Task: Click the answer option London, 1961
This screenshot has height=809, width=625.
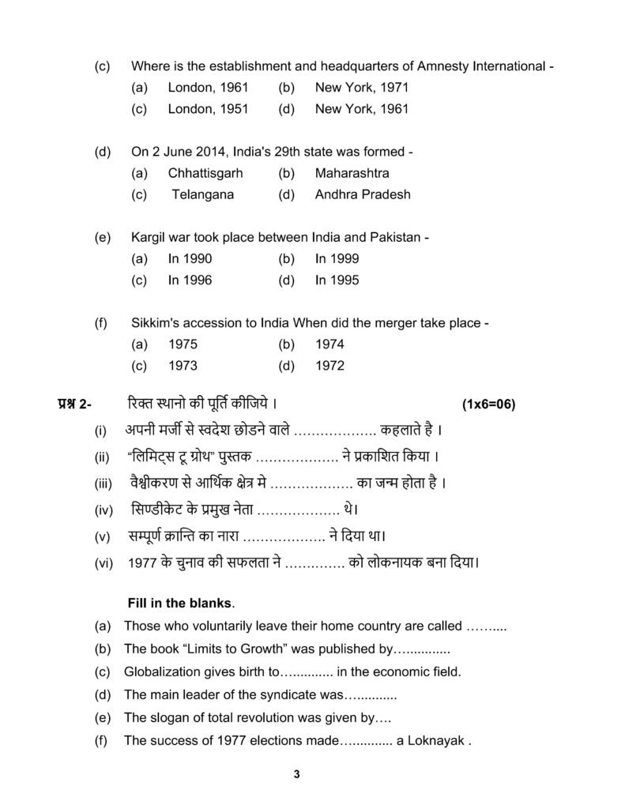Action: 208,88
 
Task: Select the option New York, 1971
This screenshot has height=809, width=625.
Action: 361,88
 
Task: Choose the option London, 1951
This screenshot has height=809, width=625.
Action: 208,109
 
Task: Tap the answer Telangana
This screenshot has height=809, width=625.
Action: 203,194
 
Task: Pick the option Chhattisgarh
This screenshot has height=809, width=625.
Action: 205,173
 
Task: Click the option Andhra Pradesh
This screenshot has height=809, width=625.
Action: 363,194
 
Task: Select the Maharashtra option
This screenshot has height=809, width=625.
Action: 352,173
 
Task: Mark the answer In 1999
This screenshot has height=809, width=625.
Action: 337,258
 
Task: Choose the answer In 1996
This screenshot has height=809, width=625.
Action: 190,280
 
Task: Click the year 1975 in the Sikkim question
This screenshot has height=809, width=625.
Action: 183,344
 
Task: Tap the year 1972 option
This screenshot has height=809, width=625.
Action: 329,366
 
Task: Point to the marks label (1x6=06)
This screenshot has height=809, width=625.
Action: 488,404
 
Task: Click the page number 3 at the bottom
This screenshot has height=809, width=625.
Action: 296,774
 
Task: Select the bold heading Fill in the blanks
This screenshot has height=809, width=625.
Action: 180,604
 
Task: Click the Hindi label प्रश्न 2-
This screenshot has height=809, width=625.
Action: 74,404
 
